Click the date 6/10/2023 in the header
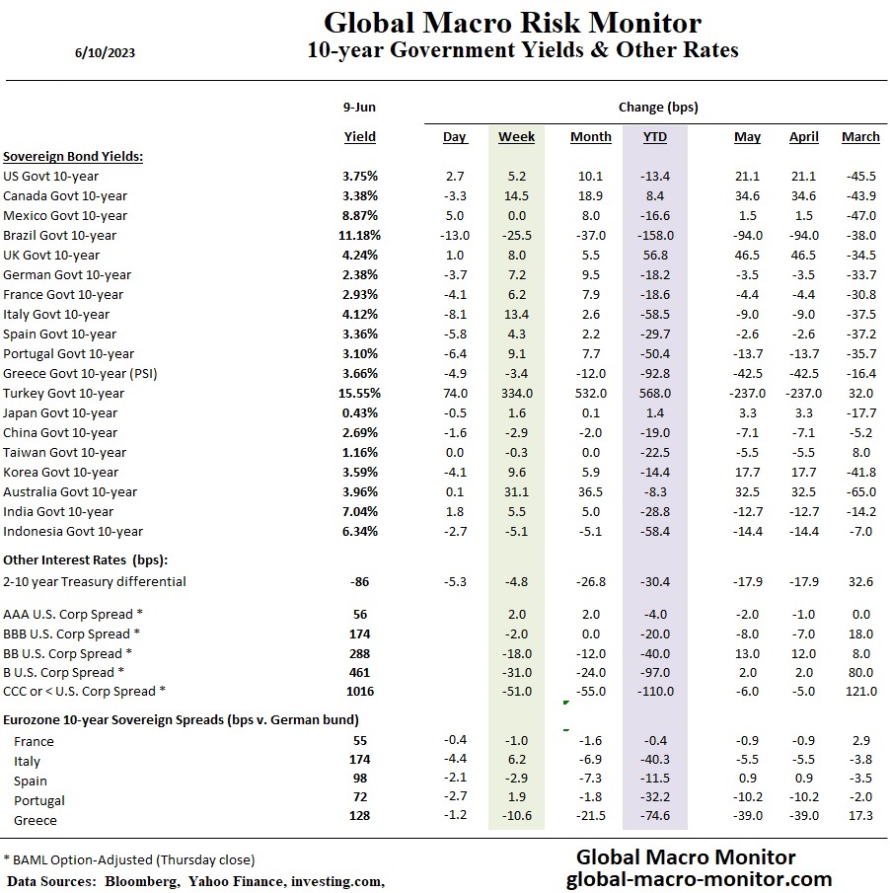(x=105, y=53)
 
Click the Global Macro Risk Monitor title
(x=513, y=22)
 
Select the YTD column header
(x=654, y=137)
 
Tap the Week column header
(x=516, y=137)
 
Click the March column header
(x=860, y=137)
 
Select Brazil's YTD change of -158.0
(x=654, y=235)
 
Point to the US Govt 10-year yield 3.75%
(x=360, y=176)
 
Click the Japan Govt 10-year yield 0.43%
(x=360, y=412)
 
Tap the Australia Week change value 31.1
(x=516, y=491)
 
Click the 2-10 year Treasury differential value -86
(x=359, y=581)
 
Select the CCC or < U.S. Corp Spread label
(x=84, y=691)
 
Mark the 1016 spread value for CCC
(x=359, y=691)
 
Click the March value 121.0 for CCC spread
(x=860, y=691)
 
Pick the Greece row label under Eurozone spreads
(x=36, y=820)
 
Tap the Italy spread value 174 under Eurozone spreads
(x=359, y=759)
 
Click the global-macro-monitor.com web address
(x=699, y=878)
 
